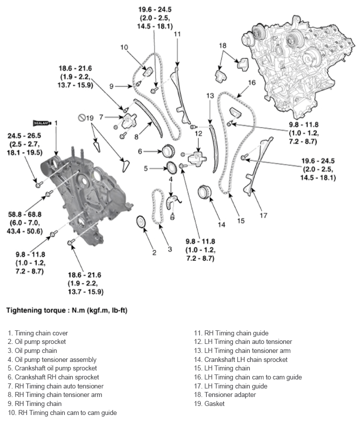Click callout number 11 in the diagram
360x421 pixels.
177,35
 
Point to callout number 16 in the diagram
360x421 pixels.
252,82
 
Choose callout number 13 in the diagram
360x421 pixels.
210,95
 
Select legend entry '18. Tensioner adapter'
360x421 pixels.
224,394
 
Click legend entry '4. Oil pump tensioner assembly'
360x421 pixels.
52,359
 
